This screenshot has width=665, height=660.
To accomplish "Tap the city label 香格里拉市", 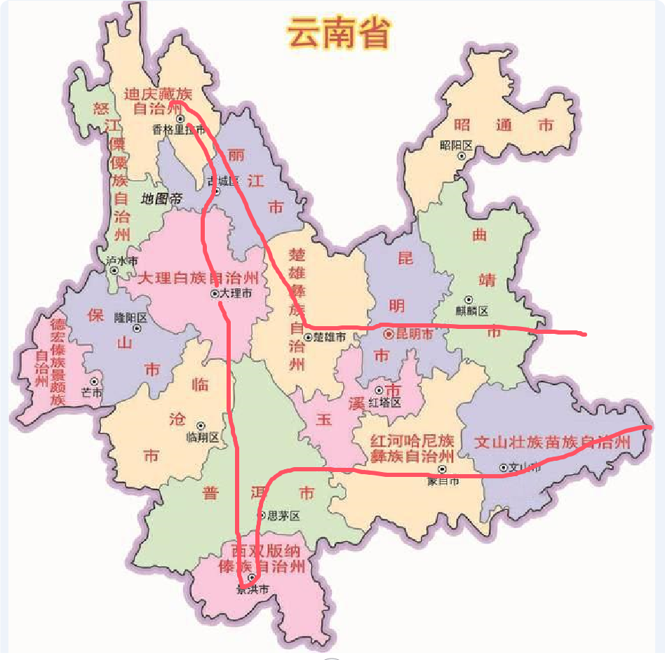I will tap(179, 130).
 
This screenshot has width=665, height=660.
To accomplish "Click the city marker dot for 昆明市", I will tap(388, 335).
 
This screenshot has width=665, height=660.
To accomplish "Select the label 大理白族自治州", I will tap(199, 278).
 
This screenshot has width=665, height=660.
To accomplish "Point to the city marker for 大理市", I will tap(214, 294).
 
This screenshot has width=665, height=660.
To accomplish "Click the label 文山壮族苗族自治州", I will tap(552, 443).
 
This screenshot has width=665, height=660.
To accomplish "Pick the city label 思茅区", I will tap(283, 516).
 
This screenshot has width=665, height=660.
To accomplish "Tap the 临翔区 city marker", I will tap(201, 425).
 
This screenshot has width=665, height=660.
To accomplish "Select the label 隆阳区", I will tap(131, 317).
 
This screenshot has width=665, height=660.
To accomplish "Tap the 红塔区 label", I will tap(386, 403).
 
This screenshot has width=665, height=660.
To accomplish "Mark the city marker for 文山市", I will tap(503, 468).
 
